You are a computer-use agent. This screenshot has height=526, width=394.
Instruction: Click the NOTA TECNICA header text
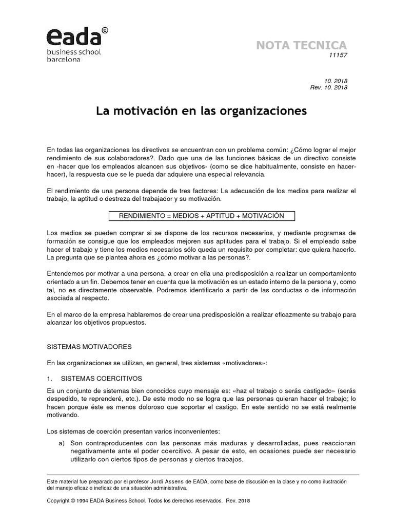click(302, 45)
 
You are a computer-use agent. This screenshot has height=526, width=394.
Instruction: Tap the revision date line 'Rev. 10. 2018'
click(329, 87)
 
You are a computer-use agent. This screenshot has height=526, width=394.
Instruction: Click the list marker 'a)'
click(62, 443)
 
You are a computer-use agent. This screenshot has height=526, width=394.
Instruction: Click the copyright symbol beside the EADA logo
click(105, 30)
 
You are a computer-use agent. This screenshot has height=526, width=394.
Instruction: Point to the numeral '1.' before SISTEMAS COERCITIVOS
click(50, 378)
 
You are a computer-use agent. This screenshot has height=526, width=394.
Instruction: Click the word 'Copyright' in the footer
click(59, 500)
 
